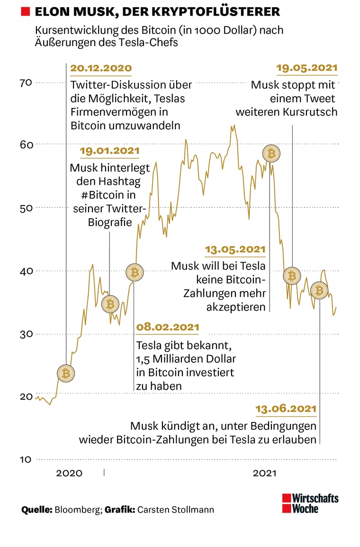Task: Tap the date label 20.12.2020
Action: click(x=101, y=68)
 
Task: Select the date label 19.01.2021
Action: click(x=109, y=151)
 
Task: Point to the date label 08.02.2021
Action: click(x=168, y=327)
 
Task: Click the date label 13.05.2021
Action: click(x=235, y=249)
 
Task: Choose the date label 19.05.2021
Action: click(x=307, y=68)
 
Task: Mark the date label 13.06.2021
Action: click(x=286, y=409)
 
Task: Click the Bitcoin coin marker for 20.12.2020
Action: click(x=65, y=374)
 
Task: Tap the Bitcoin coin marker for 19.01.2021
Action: click(x=110, y=304)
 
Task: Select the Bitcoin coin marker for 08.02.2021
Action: click(x=135, y=272)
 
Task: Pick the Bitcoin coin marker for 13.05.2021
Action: click(x=271, y=153)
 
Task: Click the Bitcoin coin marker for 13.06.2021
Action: click(x=319, y=290)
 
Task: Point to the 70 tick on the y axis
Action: click(x=26, y=82)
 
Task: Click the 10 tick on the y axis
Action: click(x=26, y=459)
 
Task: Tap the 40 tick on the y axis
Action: click(x=26, y=270)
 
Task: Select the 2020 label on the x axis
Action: click(x=69, y=473)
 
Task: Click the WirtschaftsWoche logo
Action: click(x=310, y=503)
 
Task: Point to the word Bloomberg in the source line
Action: click(x=77, y=510)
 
